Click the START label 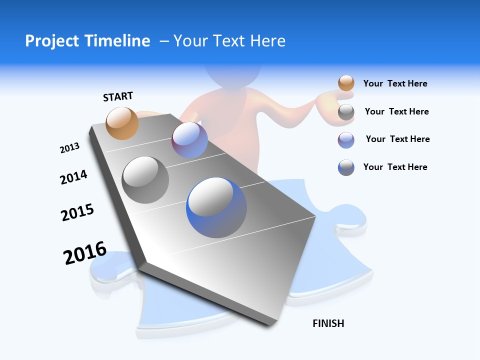coord(118,96)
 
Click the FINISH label coord(328,323)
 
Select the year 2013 coord(70,147)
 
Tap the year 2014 coord(74,177)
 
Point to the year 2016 coord(85,253)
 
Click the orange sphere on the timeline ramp coord(122,123)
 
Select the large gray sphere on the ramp coord(145,180)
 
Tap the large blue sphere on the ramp coord(216,207)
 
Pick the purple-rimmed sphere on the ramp coord(190,140)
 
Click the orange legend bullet coord(346,83)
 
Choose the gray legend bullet coord(346,112)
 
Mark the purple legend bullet coord(346,139)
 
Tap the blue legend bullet coord(346,167)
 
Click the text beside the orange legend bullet coord(395,84)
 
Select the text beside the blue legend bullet coord(395,167)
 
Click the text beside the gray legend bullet coord(396,111)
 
